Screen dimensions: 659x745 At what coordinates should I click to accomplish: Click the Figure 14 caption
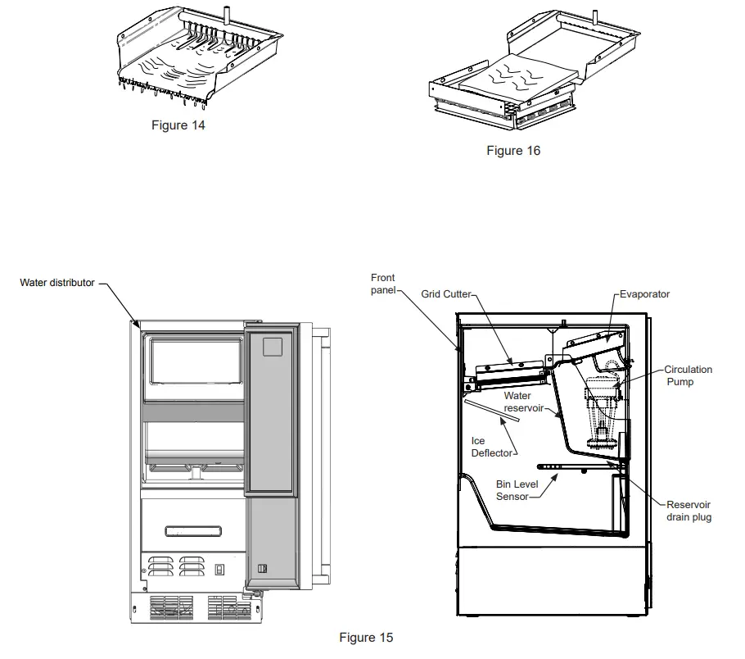tap(178, 125)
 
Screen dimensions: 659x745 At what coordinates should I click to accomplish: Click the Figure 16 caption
tap(513, 150)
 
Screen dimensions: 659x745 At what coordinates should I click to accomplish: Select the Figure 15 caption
tap(366, 637)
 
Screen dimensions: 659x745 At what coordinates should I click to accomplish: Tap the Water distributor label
tap(57, 283)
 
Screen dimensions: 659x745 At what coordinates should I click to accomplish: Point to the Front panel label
tap(383, 284)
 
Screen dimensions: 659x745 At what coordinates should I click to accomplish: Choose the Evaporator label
tap(644, 293)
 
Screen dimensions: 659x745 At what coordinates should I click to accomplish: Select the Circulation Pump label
tap(688, 375)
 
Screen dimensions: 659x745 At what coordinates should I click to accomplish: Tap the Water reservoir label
tap(517, 402)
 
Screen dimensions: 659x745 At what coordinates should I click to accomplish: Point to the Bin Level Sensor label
tap(517, 491)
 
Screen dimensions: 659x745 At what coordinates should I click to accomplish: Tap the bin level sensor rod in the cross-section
tap(565, 468)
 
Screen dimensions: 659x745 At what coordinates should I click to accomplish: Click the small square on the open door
tap(272, 346)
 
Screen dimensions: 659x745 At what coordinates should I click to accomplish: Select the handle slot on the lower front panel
tap(193, 530)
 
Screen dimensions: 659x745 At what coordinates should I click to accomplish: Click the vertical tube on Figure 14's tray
tap(223, 14)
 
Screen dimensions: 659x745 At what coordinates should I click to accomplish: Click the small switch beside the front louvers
tap(220, 570)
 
